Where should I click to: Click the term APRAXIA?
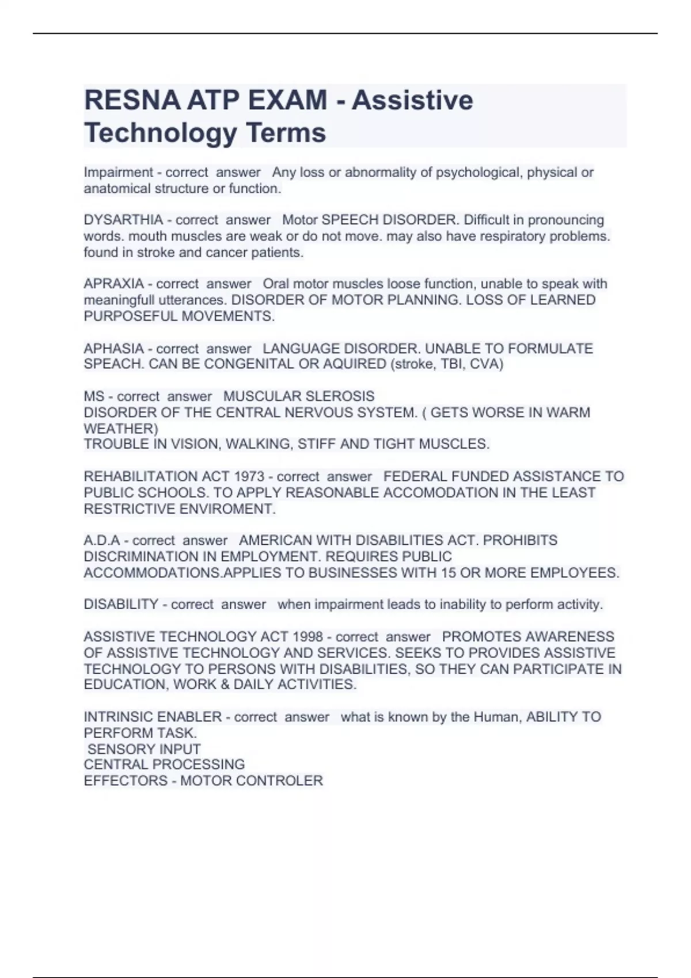[x=113, y=284]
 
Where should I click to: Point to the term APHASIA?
[x=113, y=349]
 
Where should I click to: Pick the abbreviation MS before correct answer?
[x=94, y=396]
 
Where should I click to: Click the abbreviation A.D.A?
[x=102, y=540]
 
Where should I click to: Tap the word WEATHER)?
[x=121, y=429]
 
